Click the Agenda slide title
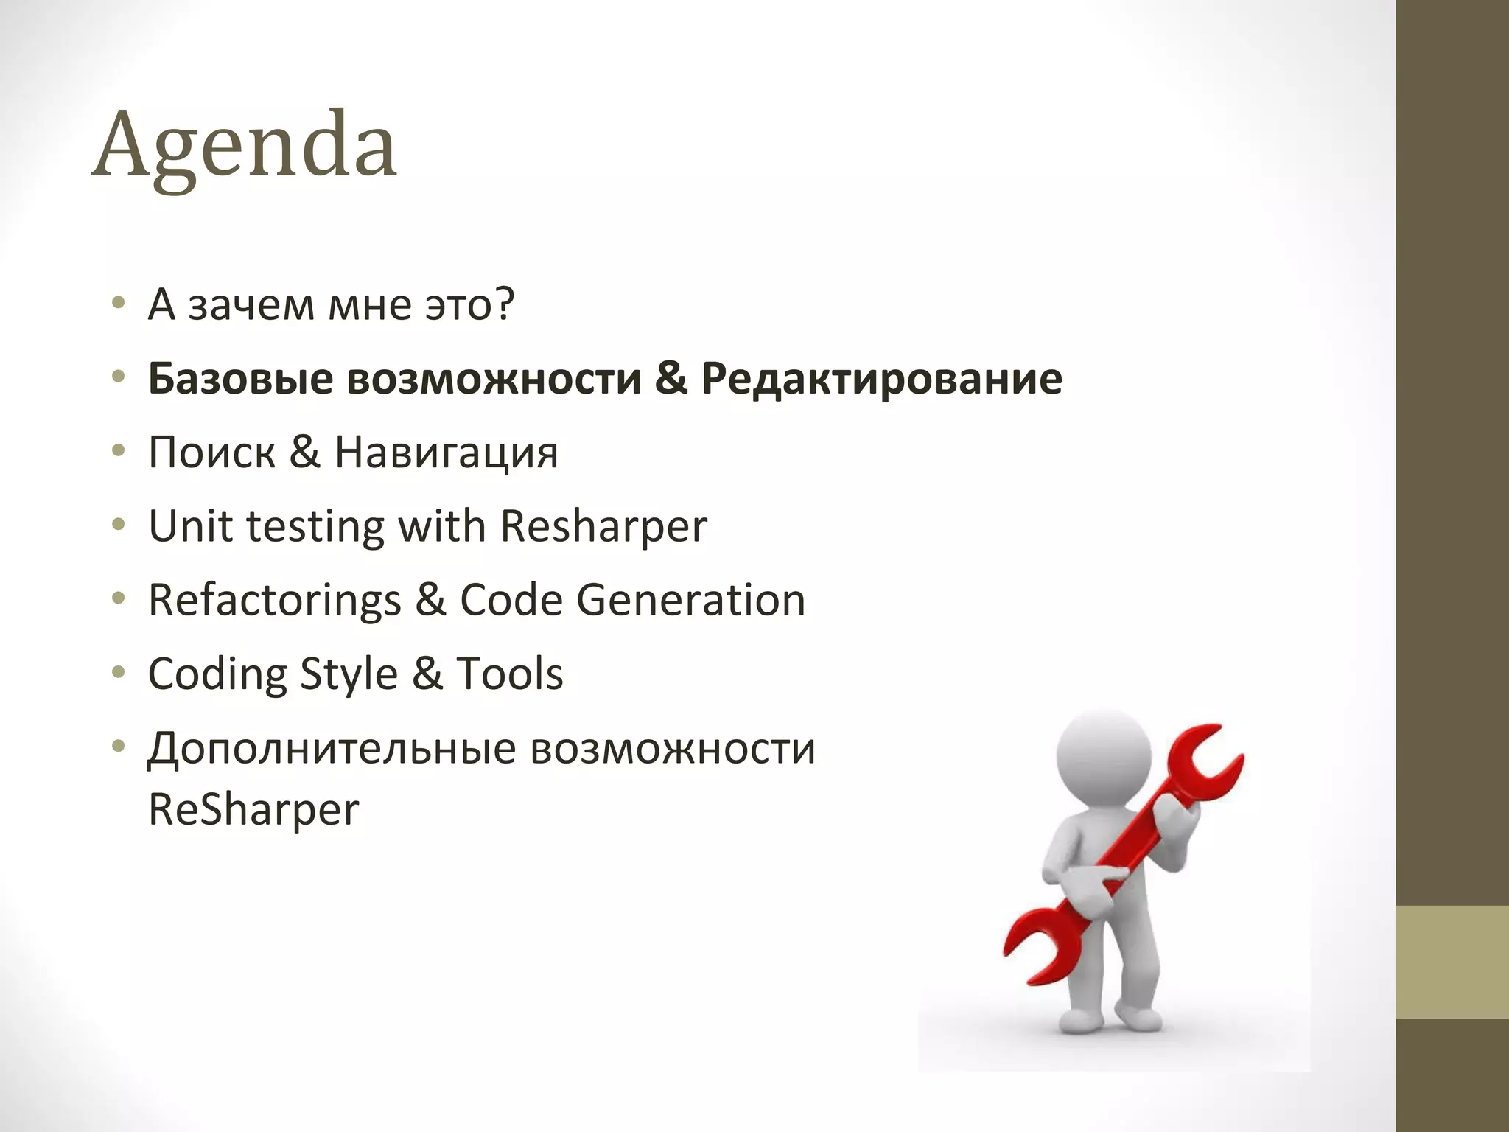(245, 145)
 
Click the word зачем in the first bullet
(251, 305)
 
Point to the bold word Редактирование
(881, 378)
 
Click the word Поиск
(211, 452)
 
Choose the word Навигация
(447, 452)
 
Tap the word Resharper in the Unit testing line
(603, 527)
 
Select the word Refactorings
(275, 600)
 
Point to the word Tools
(509, 674)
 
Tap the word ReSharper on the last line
(253, 809)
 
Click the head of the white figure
(1103, 755)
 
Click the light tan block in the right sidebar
(1452, 962)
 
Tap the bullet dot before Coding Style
(118, 673)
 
